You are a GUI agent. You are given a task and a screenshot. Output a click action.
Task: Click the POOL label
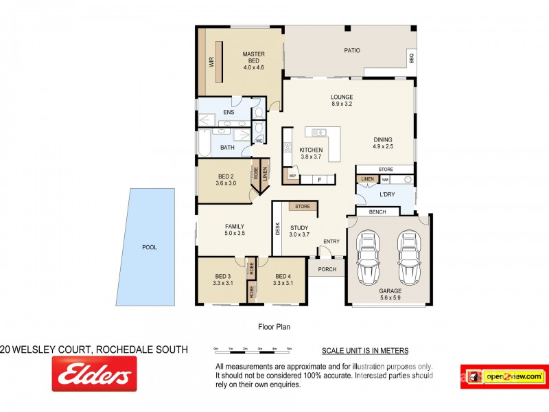click(x=149, y=247)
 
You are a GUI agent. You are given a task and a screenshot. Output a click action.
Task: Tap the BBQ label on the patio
click(x=412, y=59)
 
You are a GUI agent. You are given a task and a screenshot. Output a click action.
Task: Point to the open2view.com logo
click(x=504, y=376)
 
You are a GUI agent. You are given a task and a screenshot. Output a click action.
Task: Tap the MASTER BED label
click(x=253, y=60)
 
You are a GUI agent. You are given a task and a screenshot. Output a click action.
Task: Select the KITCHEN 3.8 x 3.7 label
click(x=311, y=153)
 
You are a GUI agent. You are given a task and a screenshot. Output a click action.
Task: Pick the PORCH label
click(x=327, y=269)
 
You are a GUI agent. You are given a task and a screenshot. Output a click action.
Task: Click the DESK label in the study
click(x=277, y=227)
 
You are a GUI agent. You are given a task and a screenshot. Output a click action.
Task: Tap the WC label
click(x=259, y=141)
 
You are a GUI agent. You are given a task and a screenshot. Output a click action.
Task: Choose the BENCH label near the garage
click(x=377, y=213)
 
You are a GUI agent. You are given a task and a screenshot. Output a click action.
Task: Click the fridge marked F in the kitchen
click(x=318, y=180)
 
